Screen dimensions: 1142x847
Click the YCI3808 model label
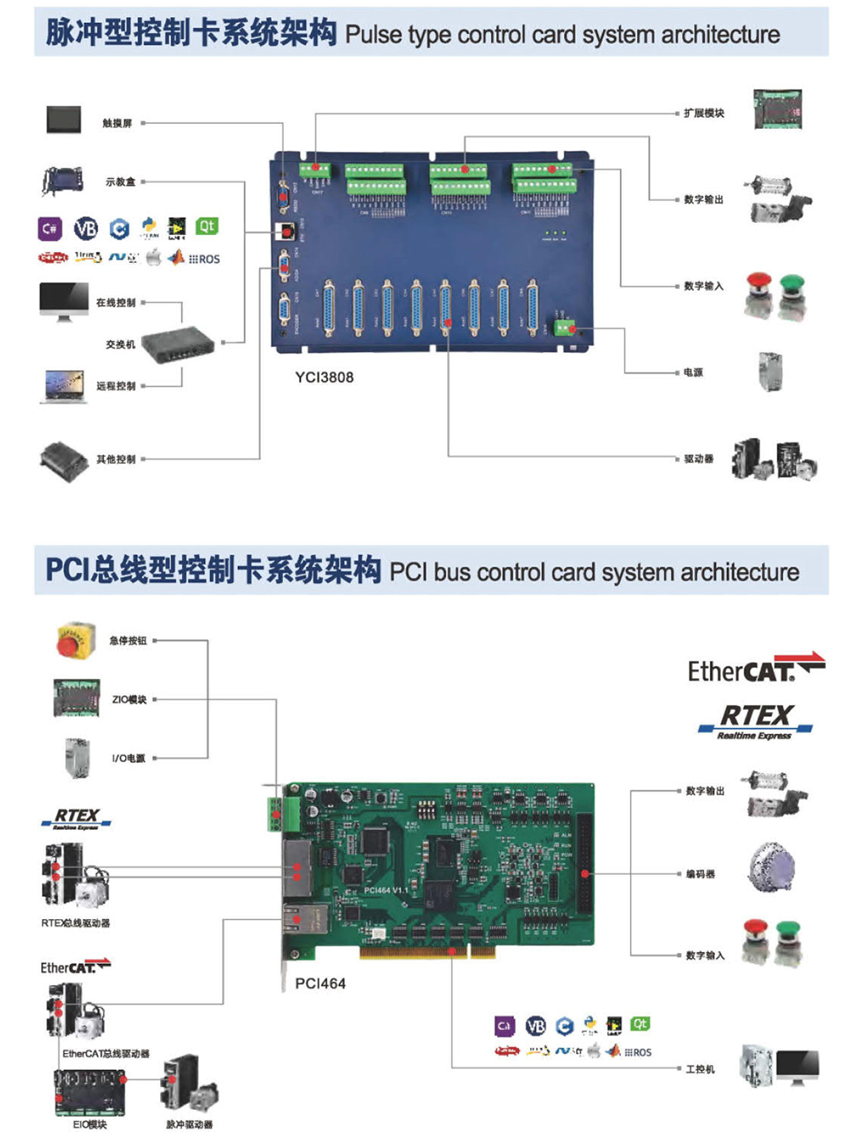click(x=324, y=377)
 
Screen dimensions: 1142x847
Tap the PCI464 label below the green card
click(x=320, y=983)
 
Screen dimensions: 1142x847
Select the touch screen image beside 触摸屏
click(x=64, y=119)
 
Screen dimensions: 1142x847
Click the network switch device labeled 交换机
click(x=178, y=343)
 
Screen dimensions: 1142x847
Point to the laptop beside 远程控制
click(x=64, y=386)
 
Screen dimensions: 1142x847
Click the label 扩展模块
click(x=704, y=113)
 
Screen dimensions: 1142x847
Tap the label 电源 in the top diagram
click(x=693, y=372)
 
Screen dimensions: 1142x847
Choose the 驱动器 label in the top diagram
click(x=699, y=459)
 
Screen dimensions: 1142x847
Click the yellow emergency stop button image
click(x=75, y=640)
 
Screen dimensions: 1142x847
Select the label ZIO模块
click(x=130, y=699)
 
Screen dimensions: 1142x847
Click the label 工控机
click(x=700, y=1069)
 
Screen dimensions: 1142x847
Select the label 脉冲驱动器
click(x=190, y=1124)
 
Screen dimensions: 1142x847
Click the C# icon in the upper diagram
click(x=50, y=228)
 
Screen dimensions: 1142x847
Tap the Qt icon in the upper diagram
click(x=207, y=226)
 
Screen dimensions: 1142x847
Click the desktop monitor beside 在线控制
click(x=64, y=301)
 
